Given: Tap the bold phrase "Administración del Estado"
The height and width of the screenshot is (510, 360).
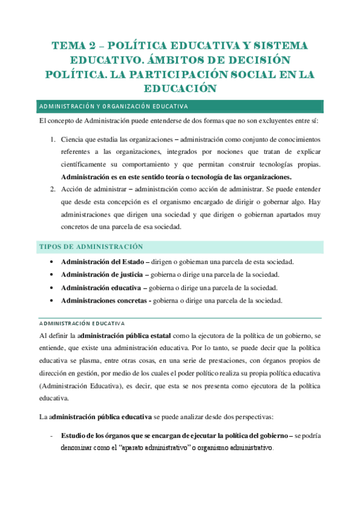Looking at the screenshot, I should point(103,262).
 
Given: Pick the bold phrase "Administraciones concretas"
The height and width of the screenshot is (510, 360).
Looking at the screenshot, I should point(106,300).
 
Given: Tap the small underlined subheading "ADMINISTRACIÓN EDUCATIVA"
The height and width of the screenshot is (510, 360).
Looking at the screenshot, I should point(81,323).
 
